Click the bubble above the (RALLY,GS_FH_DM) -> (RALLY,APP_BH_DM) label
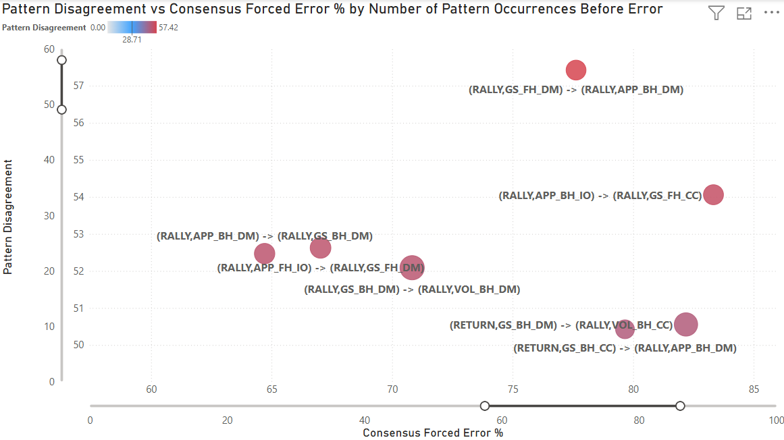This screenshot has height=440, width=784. tap(575, 70)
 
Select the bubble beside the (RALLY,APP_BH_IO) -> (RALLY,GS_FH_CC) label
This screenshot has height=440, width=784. tap(713, 194)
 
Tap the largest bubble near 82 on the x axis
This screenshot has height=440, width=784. tap(686, 325)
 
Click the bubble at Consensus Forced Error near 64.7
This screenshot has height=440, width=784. tap(265, 254)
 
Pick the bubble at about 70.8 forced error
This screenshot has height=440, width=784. tap(412, 268)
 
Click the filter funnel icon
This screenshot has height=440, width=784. tap(716, 13)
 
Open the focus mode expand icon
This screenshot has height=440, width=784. tap(744, 13)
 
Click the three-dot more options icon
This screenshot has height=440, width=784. tap(771, 13)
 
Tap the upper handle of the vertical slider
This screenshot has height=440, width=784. tap(61, 60)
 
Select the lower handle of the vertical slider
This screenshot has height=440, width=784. tap(61, 109)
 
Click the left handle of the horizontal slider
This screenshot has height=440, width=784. tap(484, 406)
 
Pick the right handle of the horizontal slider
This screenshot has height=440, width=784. tap(680, 406)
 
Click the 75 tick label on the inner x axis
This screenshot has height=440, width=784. tap(513, 389)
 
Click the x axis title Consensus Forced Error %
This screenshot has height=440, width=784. tap(433, 433)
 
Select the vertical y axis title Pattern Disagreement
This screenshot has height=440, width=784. tap(8, 217)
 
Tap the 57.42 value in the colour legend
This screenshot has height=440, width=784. tap(168, 28)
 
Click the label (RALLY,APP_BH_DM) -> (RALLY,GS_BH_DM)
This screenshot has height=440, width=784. tap(265, 236)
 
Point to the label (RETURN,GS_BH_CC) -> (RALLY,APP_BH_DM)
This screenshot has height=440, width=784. tap(625, 348)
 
